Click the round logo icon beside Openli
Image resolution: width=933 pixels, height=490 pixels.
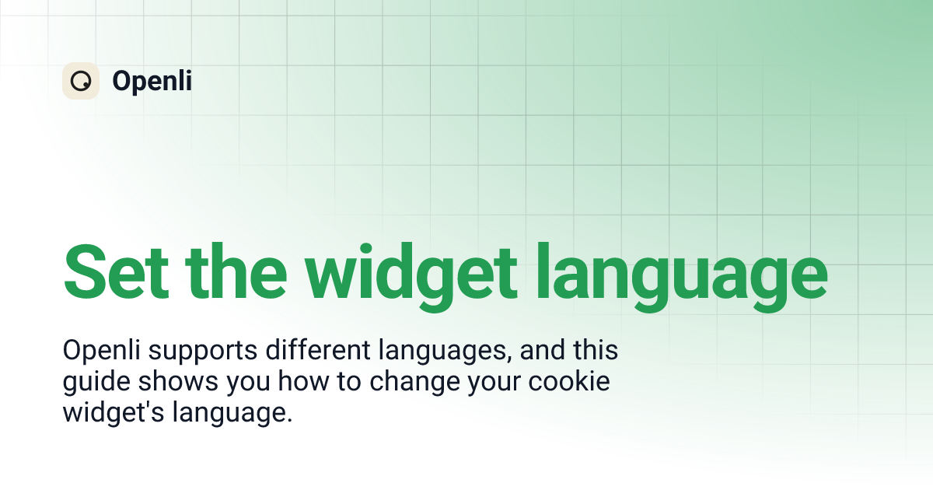click(x=81, y=81)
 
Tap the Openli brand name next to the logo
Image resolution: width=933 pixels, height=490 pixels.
click(x=152, y=81)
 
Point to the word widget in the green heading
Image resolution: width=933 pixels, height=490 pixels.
click(x=411, y=274)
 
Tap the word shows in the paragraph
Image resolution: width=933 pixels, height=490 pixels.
click(x=171, y=382)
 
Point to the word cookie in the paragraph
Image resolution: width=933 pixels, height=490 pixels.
click(x=575, y=382)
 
